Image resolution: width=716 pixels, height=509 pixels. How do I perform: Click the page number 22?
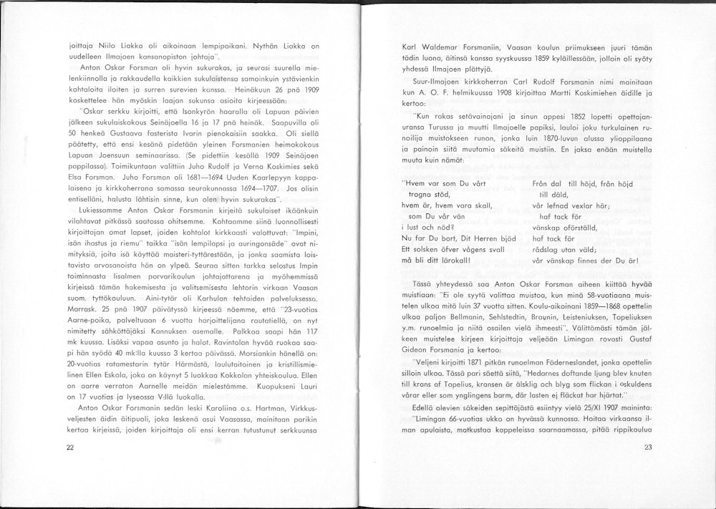tap(70, 447)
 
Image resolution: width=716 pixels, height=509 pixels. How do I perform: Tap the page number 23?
tap(647, 447)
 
